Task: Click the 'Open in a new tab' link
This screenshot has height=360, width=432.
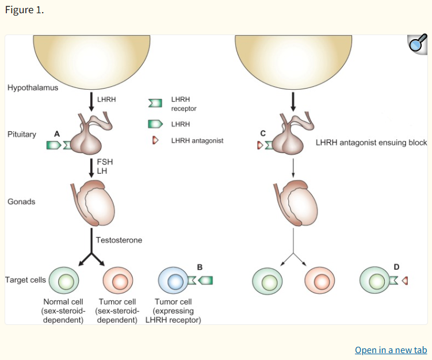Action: [391, 350]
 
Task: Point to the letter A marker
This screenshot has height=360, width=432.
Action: [56, 133]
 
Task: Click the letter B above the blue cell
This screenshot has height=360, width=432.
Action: [200, 267]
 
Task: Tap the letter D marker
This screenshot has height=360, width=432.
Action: [396, 267]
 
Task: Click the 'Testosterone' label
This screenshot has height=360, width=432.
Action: [119, 239]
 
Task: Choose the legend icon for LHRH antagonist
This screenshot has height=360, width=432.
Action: [154, 140]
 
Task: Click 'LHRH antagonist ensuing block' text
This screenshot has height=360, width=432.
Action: [371, 142]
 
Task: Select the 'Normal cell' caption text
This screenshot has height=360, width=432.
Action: [63, 301]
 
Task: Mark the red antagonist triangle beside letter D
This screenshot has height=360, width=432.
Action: [404, 281]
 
